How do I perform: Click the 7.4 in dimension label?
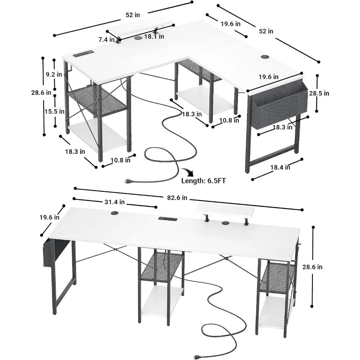click(x=106, y=40)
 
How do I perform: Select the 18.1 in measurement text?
click(x=154, y=36)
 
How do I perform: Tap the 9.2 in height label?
click(x=54, y=75)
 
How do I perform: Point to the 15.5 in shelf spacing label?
click(x=54, y=111)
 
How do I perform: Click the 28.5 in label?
click(x=319, y=93)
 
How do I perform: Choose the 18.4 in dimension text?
click(x=280, y=167)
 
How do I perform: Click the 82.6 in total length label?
click(x=177, y=198)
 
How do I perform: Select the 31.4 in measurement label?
click(x=114, y=202)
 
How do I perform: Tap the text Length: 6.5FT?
click(x=203, y=181)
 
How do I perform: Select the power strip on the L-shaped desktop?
click(x=82, y=54)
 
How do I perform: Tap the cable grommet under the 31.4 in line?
click(x=114, y=213)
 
